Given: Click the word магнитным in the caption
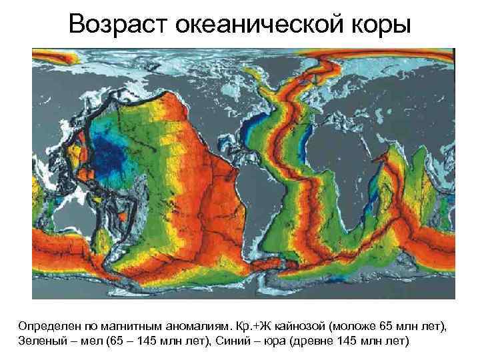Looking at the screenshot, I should click(x=135, y=327).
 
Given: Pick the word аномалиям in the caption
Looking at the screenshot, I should click(x=199, y=327).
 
